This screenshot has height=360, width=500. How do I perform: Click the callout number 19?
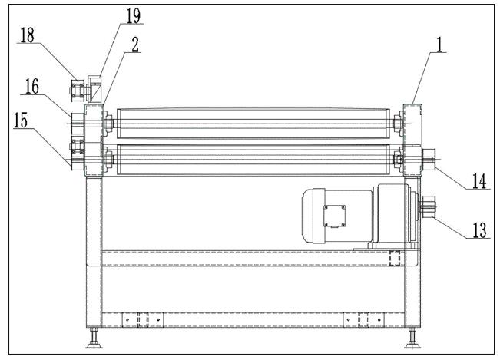(134, 15)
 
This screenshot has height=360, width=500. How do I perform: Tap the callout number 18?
(28, 35)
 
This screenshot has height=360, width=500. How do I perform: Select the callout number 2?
(135, 45)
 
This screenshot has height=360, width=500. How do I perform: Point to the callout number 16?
(32, 86)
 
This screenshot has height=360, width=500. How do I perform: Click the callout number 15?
(21, 120)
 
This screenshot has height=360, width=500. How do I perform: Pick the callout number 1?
(440, 45)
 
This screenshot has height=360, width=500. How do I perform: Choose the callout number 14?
(479, 181)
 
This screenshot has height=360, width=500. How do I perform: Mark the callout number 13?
(479, 230)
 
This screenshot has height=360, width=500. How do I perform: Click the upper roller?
(253, 124)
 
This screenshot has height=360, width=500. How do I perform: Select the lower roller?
(253, 160)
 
